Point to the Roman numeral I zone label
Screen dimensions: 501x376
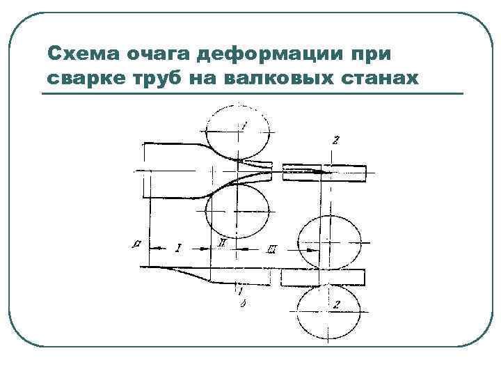coord(178,247)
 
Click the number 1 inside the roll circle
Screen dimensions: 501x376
coord(245,125)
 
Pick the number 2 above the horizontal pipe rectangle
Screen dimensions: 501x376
coord(336,140)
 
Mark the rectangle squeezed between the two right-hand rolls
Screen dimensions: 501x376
coord(323,276)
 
